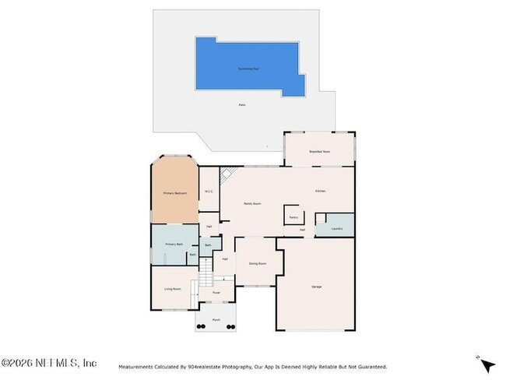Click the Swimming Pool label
(x=248, y=69)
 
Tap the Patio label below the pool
(x=242, y=105)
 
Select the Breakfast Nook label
(x=319, y=151)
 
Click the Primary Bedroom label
(x=174, y=192)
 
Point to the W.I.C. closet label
(x=209, y=192)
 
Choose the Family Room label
(x=251, y=203)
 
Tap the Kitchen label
(x=320, y=191)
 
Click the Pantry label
(x=293, y=217)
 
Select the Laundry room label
(x=336, y=228)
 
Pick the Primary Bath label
(x=173, y=245)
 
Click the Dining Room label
(x=258, y=264)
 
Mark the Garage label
(x=317, y=287)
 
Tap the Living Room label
(x=172, y=289)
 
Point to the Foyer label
(x=216, y=293)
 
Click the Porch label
(x=216, y=319)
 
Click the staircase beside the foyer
(x=206, y=273)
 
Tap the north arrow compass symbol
(x=487, y=364)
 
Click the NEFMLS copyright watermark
(x=49, y=363)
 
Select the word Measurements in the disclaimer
(x=135, y=367)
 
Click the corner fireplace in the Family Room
(x=227, y=174)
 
